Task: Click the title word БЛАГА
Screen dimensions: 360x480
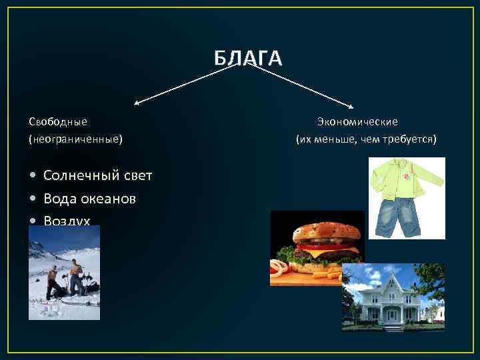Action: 248,58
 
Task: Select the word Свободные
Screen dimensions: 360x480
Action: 58,121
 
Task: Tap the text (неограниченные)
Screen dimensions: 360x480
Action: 75,139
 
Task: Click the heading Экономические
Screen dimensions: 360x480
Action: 357,121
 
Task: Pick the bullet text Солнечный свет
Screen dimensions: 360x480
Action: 97,175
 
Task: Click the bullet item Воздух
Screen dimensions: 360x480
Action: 67,220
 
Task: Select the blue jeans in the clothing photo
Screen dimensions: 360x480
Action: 396,217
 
